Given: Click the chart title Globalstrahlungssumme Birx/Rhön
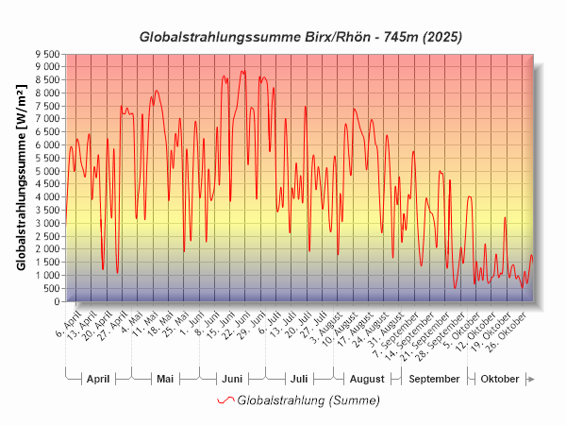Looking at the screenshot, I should pos(301,38).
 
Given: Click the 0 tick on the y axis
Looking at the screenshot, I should pos(57,301).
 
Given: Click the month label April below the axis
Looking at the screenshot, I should pos(98,379).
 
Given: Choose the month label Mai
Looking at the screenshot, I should pos(165,379).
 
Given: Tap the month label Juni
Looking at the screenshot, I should pos(232,379).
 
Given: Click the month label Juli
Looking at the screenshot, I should pos(298,379).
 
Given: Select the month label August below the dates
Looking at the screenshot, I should pos(367,379).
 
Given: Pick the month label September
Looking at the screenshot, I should pos(435,379).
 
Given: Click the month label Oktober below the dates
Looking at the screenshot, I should pos(500,379).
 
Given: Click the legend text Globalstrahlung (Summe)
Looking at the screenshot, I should pos(308,400).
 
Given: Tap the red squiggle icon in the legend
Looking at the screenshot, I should pos(225,400).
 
